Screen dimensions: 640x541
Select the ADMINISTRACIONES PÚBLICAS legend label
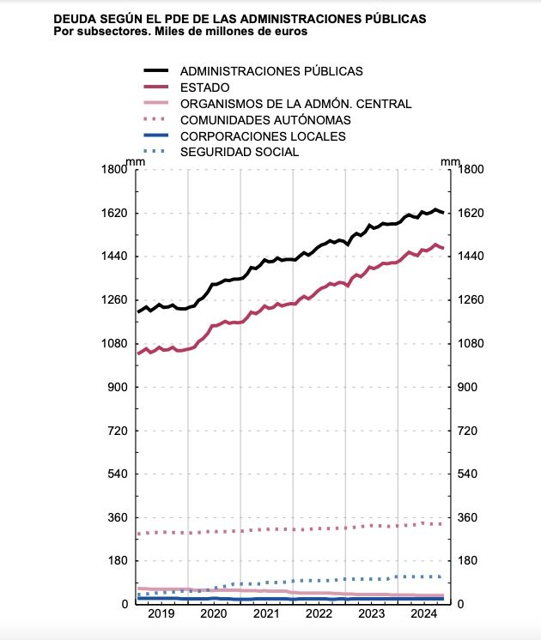(x=271, y=70)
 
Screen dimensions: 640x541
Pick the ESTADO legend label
(x=204, y=87)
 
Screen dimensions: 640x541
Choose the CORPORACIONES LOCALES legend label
(x=263, y=136)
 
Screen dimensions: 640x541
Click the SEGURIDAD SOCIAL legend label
(x=240, y=152)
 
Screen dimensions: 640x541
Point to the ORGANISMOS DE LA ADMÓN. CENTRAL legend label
(x=296, y=104)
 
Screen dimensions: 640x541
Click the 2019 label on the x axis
(x=162, y=615)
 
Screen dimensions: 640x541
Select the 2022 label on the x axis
(x=319, y=615)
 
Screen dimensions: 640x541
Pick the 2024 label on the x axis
(x=423, y=615)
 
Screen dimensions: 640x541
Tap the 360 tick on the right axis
(x=471, y=517)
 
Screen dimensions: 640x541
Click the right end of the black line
(x=443, y=213)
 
